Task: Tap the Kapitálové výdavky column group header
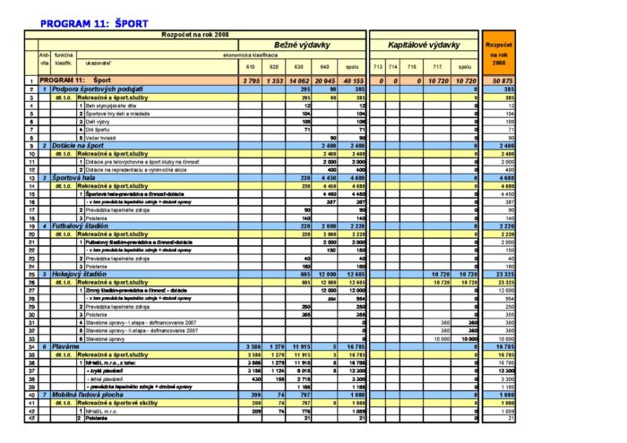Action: (425, 44)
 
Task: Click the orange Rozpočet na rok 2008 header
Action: (498, 54)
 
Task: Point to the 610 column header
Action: (250, 66)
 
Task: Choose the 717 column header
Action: (438, 66)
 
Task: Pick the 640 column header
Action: (326, 66)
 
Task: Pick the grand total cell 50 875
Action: (502, 81)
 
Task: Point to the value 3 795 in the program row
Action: (250, 81)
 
